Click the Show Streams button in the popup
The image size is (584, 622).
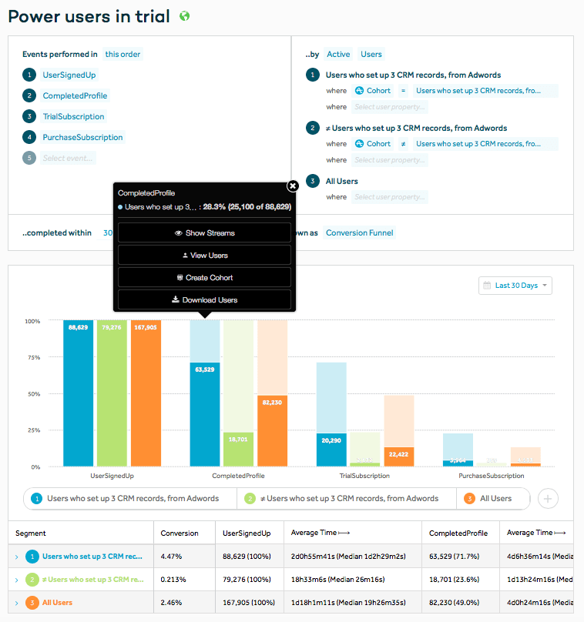coord(204,232)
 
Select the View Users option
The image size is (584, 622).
coord(204,255)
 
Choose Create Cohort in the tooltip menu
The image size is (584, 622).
coord(204,277)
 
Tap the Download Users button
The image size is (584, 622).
coord(204,299)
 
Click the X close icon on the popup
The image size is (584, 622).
coord(293,186)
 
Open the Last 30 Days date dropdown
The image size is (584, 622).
coord(515,286)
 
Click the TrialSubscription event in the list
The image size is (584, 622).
coord(73,117)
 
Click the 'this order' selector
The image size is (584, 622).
coord(123,55)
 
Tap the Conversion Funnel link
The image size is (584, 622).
coord(359,232)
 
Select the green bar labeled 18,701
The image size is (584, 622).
coord(238,449)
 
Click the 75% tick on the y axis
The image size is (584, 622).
coord(33,357)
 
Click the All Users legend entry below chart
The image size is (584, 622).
coord(495,499)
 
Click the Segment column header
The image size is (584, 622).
coord(31,533)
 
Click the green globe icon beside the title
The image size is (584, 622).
coord(183,16)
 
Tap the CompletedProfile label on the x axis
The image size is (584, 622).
coord(238,477)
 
